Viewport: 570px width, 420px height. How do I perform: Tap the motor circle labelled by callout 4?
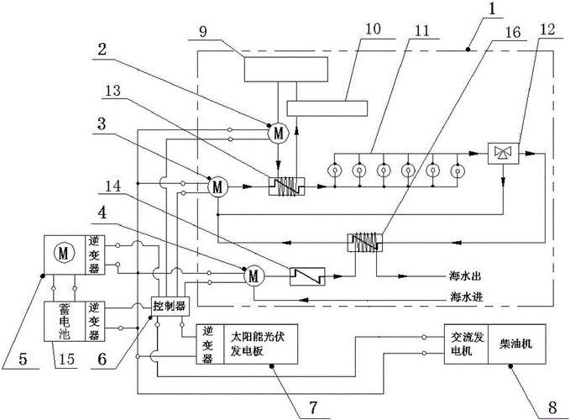click(x=253, y=274)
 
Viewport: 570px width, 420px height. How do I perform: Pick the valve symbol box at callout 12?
click(x=505, y=152)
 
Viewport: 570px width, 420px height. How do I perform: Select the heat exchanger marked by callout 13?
click(x=286, y=186)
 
